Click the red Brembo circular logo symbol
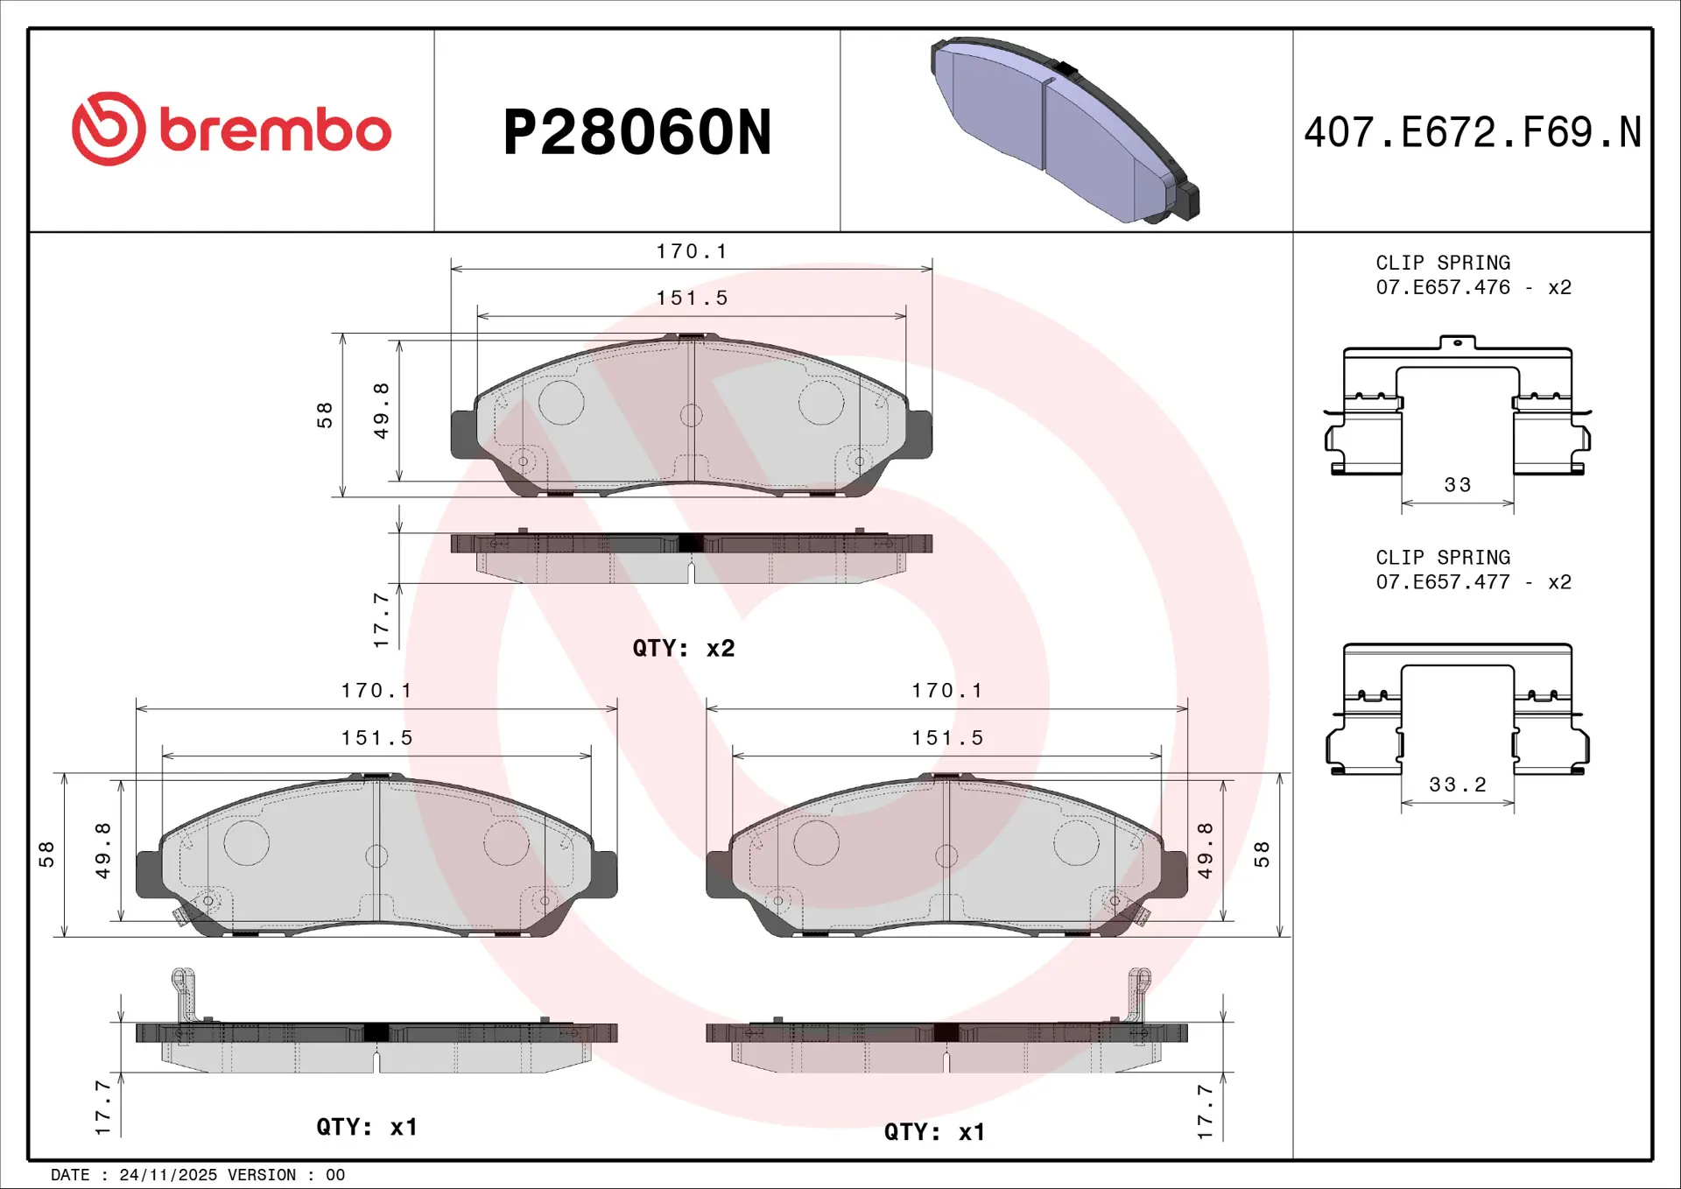tap(109, 129)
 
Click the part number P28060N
tap(637, 133)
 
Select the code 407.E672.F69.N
tap(1473, 133)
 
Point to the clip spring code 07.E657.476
tap(1443, 287)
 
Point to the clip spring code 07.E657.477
tap(1443, 582)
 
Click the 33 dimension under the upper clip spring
tap(1458, 485)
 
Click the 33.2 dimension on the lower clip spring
tap(1458, 785)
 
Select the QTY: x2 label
tap(684, 649)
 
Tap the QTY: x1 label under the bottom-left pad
tap(367, 1127)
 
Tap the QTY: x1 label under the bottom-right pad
tap(934, 1132)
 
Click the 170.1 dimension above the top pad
tap(692, 252)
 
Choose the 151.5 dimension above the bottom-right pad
tap(947, 738)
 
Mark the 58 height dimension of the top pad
tap(325, 415)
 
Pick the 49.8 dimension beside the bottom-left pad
tap(103, 850)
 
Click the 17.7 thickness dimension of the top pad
tap(381, 620)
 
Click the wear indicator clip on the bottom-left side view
tap(183, 994)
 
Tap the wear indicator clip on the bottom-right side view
tap(1138, 994)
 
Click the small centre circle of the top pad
tap(691, 415)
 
